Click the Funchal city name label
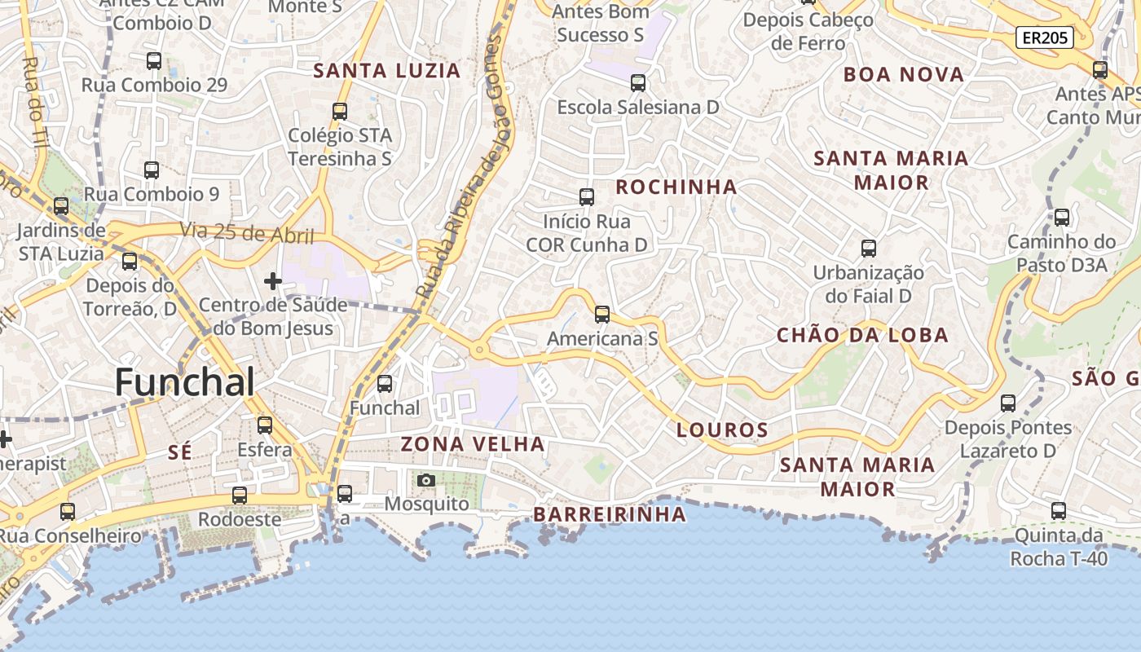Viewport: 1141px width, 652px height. pos(185,381)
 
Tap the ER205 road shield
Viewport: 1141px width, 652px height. pos(1044,37)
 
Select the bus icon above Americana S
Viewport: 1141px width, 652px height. pos(602,315)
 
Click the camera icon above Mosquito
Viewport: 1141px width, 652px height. pos(425,480)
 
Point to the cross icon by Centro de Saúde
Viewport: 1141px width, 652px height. pos(273,281)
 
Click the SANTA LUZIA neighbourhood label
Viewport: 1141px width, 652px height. pos(387,71)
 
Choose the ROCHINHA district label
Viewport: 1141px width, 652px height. pos(676,187)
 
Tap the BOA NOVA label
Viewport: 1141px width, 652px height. pos(904,75)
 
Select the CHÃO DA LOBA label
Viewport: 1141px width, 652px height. pos(862,335)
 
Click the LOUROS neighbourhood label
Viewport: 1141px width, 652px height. pos(723,430)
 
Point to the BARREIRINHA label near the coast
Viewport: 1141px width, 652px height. pos(610,514)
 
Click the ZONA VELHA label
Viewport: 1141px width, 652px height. pos(473,444)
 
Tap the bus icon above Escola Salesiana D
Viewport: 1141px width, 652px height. pos(638,83)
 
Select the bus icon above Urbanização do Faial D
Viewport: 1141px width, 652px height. pos(869,249)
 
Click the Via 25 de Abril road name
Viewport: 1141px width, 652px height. pos(247,233)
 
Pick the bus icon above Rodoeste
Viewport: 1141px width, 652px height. pos(240,496)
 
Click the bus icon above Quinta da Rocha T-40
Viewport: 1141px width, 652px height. pos(1059,512)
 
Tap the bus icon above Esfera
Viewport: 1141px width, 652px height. pos(265,425)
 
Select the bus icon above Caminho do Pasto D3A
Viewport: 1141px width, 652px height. pos(1061,218)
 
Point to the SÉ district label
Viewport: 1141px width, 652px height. pos(179,453)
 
